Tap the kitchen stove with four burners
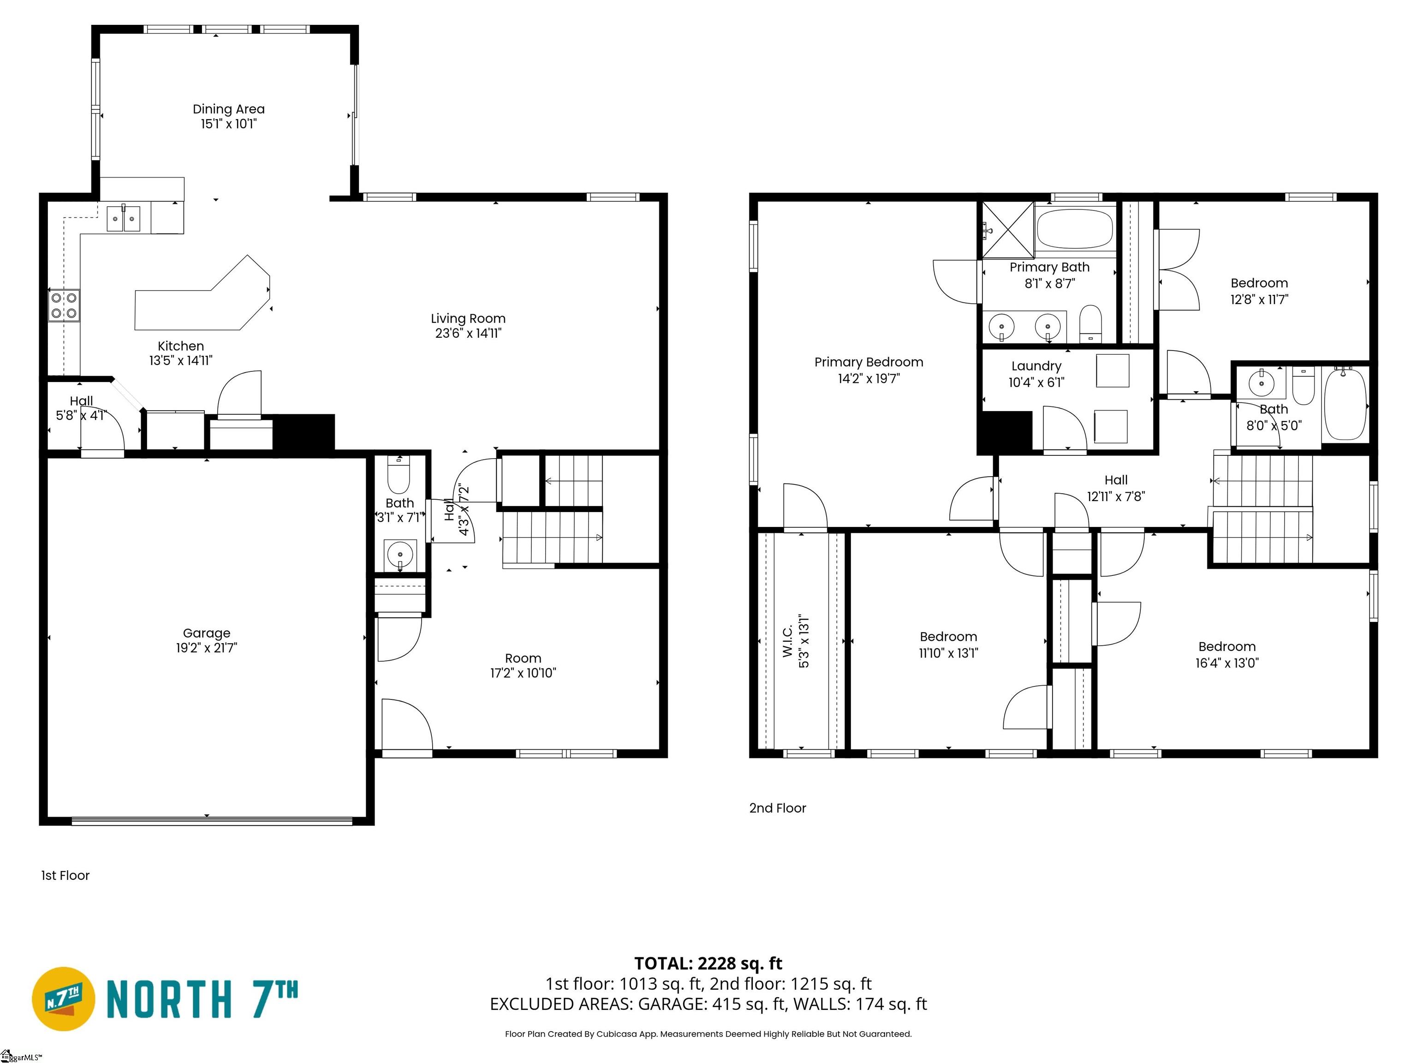coord(64,305)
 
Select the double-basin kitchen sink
coord(123,219)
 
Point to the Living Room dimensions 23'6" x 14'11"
coord(468,333)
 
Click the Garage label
coord(206,633)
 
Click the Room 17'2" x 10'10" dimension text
coord(523,673)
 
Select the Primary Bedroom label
coord(868,362)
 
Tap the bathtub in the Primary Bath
coord(1075,229)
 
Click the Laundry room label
coord(1036,366)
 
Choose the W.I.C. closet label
coord(788,641)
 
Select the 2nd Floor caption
coord(777,808)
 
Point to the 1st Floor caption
coord(65,875)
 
